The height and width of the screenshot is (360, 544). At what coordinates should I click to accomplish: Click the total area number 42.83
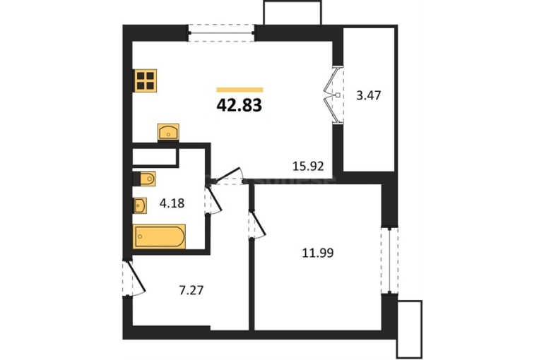[x=239, y=105]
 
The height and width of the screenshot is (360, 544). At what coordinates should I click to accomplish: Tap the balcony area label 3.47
[x=369, y=95]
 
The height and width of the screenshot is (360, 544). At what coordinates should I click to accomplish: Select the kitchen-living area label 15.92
[x=308, y=167]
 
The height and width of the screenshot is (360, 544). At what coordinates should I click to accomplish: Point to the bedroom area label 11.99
[x=318, y=253]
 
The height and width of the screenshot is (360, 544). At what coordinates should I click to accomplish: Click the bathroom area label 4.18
[x=172, y=203]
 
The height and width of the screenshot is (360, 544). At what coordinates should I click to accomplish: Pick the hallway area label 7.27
[x=191, y=290]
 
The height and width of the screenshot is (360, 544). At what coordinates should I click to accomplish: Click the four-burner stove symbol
[x=146, y=80]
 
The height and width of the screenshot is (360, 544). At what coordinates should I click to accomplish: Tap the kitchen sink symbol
[x=168, y=132]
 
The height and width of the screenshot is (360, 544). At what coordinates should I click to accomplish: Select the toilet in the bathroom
[x=144, y=179]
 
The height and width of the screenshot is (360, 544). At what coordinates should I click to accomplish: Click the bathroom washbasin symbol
[x=140, y=206]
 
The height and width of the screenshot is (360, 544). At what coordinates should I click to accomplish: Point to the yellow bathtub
[x=159, y=236]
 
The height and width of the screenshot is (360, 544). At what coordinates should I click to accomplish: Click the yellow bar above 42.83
[x=240, y=90]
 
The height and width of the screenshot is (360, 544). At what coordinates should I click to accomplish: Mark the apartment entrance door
[x=134, y=279]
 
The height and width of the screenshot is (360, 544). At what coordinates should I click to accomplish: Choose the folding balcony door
[x=332, y=95]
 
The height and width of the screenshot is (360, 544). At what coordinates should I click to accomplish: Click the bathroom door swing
[x=213, y=200]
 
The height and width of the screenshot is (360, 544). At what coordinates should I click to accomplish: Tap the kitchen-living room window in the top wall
[x=222, y=33]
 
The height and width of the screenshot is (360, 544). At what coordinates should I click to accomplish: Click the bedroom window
[x=389, y=260]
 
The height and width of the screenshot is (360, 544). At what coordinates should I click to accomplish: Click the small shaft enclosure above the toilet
[x=155, y=156]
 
